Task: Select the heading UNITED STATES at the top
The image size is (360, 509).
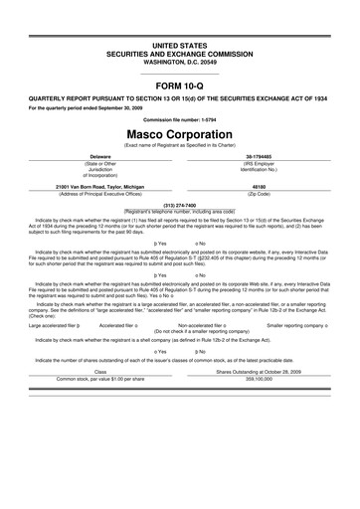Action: click(180, 47)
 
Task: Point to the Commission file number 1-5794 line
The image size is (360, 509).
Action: click(180, 119)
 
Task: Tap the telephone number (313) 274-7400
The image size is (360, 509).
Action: click(180, 206)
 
